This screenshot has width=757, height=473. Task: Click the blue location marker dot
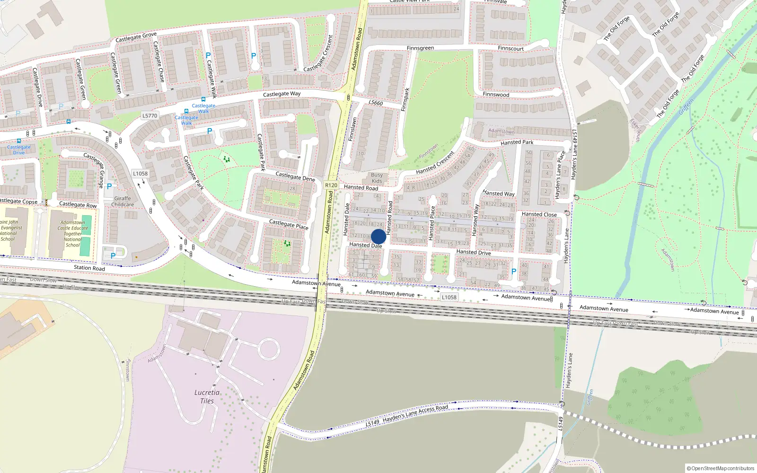click(378, 236)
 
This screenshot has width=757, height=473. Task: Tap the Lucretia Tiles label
click(207, 396)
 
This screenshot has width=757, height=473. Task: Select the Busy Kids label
click(377, 178)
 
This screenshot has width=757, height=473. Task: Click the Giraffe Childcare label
click(123, 201)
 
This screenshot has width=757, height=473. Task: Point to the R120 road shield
click(331, 185)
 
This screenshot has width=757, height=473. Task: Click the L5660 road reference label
click(376, 103)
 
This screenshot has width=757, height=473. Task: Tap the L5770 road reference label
click(150, 115)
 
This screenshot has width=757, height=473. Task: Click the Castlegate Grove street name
click(136, 37)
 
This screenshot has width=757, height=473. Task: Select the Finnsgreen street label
click(420, 48)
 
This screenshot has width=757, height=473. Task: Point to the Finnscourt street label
click(511, 48)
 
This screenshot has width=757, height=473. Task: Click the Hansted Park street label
click(517, 142)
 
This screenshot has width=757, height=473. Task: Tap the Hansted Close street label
click(539, 214)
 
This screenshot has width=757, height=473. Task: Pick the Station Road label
click(89, 268)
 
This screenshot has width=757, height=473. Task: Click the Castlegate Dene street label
click(295, 176)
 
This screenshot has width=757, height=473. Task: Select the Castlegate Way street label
click(282, 94)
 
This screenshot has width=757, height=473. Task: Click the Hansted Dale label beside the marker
click(365, 245)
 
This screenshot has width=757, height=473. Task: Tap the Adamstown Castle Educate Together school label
click(73, 234)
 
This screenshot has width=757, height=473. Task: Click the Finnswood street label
click(496, 95)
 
